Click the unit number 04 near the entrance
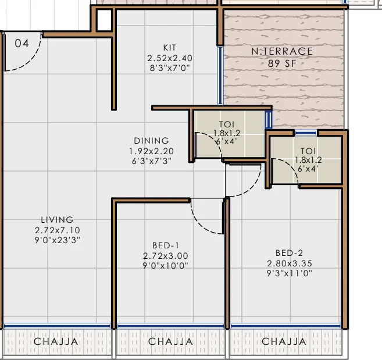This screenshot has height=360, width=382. pos(22,44)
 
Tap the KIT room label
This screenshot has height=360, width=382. pos(170,48)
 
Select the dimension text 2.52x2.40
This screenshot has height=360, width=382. pos(170,58)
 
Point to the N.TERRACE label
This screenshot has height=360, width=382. pos(282,51)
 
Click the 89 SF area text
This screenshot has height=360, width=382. pos(282,63)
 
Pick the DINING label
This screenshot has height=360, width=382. pos(151,141)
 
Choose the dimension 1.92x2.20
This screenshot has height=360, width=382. pos(151,151)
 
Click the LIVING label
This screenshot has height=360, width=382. pos(57,220)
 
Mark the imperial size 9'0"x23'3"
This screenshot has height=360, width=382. pos(57,240)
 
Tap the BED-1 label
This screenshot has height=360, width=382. pos(166,245)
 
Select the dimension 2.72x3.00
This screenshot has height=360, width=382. pos(166,256)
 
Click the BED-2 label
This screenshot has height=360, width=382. pos(289,253)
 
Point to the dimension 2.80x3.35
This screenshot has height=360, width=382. pos(290,263)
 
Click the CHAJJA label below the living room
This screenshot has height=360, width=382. pos(56,341)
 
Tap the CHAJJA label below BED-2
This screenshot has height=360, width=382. pos(284,341)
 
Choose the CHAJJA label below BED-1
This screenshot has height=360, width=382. pos(170,341)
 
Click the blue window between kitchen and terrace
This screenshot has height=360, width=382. pos(220,75)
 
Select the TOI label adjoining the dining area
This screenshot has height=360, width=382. pos(227,124)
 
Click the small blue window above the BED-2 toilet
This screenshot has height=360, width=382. pos(305,133)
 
